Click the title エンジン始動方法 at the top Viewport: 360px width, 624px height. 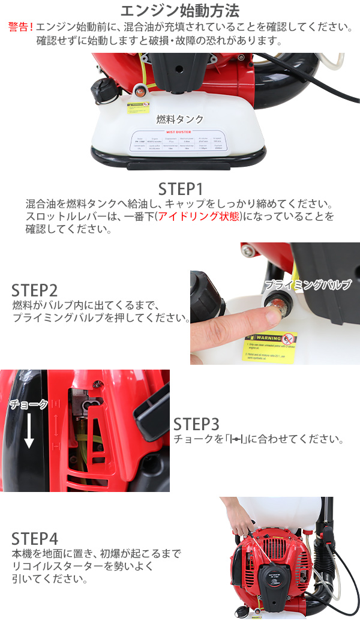pos(180,11)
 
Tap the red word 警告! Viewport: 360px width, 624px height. pos(21,28)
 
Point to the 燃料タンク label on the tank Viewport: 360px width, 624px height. pos(180,119)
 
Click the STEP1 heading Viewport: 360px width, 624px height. pos(181,188)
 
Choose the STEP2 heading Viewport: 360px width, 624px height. pos(35,290)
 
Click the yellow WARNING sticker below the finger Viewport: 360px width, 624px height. pos(270,347)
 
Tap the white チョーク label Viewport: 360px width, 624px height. pos(28,404)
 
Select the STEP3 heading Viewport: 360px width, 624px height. pos(196,424)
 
